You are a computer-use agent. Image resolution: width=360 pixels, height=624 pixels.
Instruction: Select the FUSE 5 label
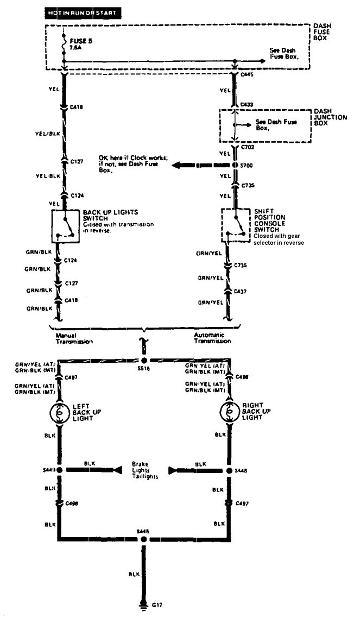pyautogui.click(x=78, y=40)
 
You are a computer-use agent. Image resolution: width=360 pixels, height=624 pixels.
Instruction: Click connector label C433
pyautogui.click(x=247, y=103)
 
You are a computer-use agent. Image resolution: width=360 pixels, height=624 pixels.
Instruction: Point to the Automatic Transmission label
pyautogui.click(x=212, y=338)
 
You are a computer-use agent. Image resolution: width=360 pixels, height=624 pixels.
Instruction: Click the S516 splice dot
pyautogui.click(x=144, y=361)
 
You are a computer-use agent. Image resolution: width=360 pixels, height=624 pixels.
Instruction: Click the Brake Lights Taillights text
pyautogui.click(x=142, y=470)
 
